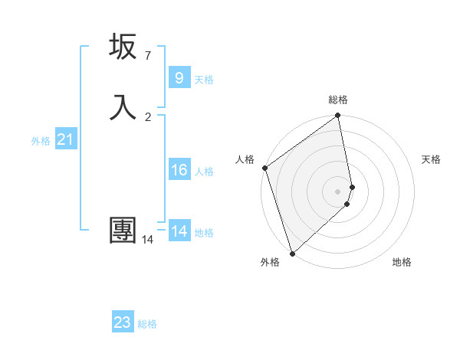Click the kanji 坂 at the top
coord(123,47)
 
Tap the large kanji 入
coord(123,106)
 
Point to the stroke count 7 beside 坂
coord(147,56)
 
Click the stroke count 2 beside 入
coord(148,116)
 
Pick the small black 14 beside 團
coord(147,240)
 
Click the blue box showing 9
coord(179,77)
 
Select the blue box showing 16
coord(179,169)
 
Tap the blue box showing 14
coord(179,231)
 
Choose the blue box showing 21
coord(65,139)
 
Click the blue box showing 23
coord(123,322)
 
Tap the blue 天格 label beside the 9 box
coord(204,80)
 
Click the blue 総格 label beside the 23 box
coord(147,324)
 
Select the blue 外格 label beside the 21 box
coord(41,141)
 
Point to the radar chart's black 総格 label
coord(338,100)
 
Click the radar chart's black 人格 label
coord(245,159)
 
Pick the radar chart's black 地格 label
coord(402,262)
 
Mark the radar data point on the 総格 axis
coord(338,116)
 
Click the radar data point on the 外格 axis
coord(291,254)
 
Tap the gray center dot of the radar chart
coord(338,191)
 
